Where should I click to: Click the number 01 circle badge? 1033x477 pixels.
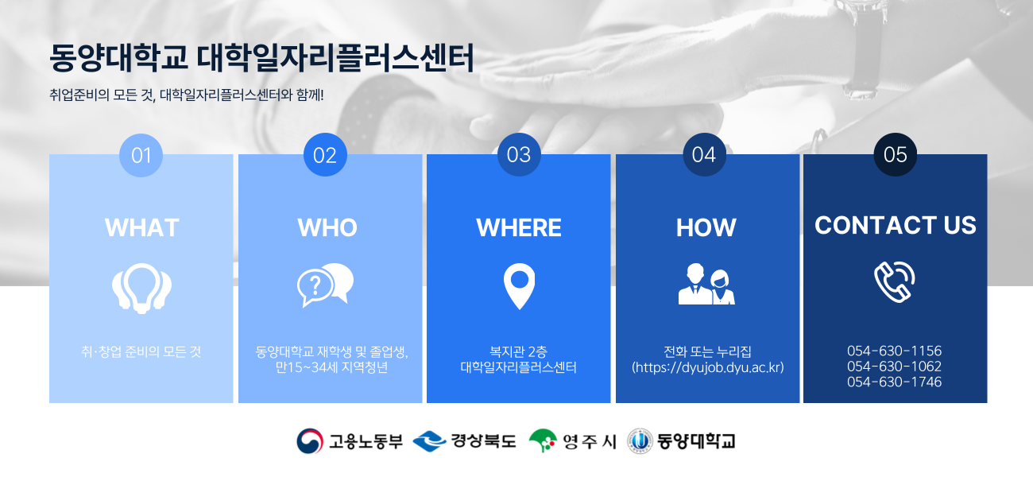click(141, 155)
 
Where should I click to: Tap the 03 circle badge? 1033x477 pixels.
click(519, 154)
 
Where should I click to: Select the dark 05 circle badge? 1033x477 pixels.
click(895, 154)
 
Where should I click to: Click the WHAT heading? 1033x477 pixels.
click(142, 227)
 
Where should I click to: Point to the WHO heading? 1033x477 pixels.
click(327, 227)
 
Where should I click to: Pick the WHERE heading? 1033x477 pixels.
click(519, 227)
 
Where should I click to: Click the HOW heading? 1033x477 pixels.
click(706, 227)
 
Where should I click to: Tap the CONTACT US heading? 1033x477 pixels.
click(895, 225)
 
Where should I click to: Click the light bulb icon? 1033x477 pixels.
click(141, 289)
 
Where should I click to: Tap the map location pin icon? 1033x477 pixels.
click(519, 286)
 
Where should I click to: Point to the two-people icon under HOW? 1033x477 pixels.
click(706, 284)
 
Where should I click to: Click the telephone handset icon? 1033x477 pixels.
click(895, 282)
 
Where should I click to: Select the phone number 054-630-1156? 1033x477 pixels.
click(894, 351)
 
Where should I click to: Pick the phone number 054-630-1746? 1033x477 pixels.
click(894, 382)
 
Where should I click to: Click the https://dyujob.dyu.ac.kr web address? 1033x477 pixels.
click(708, 367)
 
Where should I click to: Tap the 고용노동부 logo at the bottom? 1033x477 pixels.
click(350, 441)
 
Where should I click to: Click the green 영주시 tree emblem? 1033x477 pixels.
click(543, 440)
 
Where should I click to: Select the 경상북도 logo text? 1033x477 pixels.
click(483, 441)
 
